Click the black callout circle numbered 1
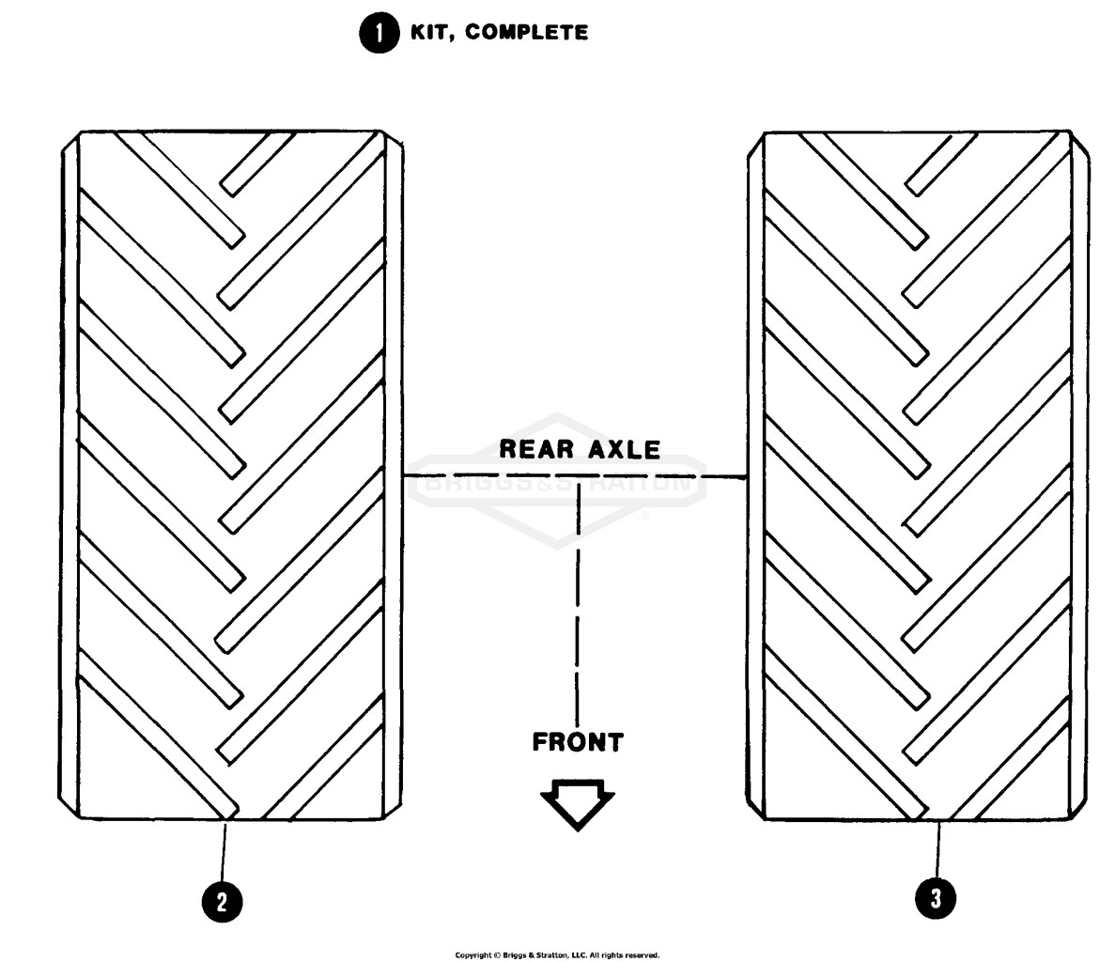coord(379,33)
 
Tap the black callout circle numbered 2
coord(222,902)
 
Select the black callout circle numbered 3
coord(936,898)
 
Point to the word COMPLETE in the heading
coord(527,33)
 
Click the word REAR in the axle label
coord(535,449)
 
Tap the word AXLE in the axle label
coord(625,449)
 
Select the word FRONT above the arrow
coord(578,742)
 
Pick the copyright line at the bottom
coord(558,954)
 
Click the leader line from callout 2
coord(224,852)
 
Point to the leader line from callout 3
coord(938,849)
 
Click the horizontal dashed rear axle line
coord(575,475)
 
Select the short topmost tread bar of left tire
coord(256,165)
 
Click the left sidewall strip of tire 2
coord(69,475)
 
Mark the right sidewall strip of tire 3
coord(1078,475)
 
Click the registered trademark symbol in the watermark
coord(645,516)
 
